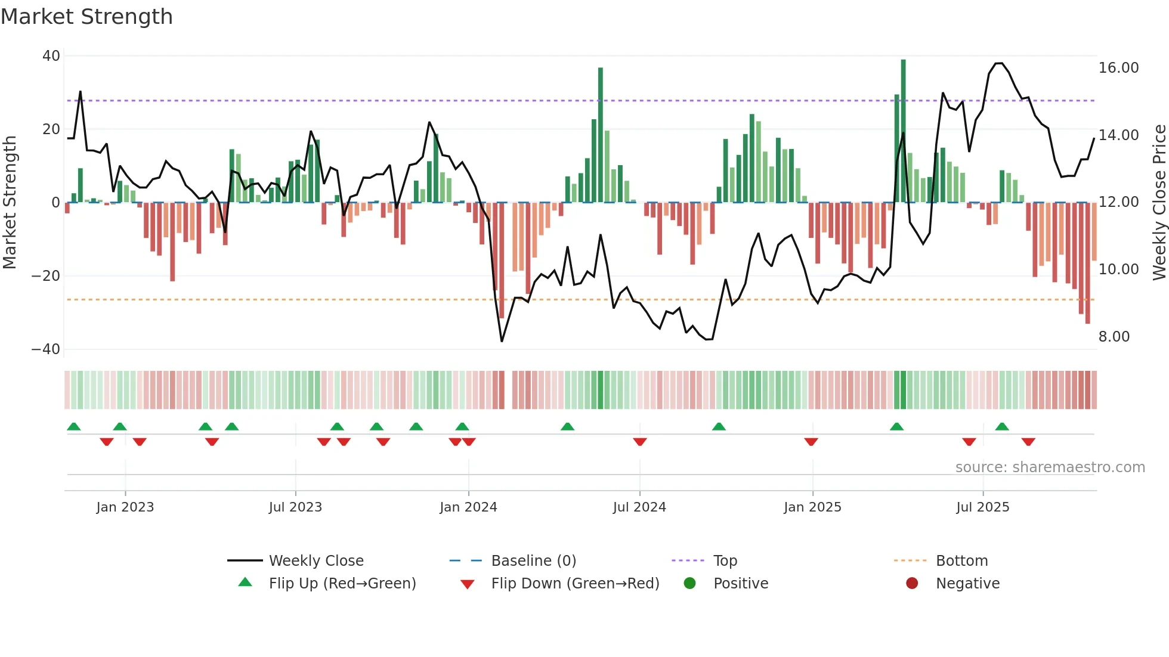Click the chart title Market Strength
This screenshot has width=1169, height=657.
tap(86, 17)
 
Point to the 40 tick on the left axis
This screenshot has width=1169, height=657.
tap(51, 56)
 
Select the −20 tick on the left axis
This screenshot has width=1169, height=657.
tap(46, 276)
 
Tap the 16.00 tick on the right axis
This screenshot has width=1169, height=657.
tap(1118, 68)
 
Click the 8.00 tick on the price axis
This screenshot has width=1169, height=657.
tap(1114, 337)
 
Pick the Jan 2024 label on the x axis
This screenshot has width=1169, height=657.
tap(468, 507)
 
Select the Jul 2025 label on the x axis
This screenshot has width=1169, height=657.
tap(982, 507)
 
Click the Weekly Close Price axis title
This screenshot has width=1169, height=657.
tap(1159, 203)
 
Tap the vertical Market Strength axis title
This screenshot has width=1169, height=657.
tap(10, 203)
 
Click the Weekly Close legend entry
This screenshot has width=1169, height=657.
tap(316, 561)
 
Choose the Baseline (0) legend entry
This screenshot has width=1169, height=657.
tap(533, 561)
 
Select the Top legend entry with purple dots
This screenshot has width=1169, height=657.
tap(725, 561)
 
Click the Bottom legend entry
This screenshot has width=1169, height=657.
tap(961, 561)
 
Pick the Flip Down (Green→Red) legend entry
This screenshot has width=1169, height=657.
tap(574, 584)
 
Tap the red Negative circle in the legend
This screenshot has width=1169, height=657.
tap(912, 584)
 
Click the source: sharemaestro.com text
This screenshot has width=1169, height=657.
tap(1050, 467)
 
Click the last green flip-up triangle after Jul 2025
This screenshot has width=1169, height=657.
tap(1002, 427)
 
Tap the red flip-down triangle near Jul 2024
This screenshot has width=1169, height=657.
tap(640, 442)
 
